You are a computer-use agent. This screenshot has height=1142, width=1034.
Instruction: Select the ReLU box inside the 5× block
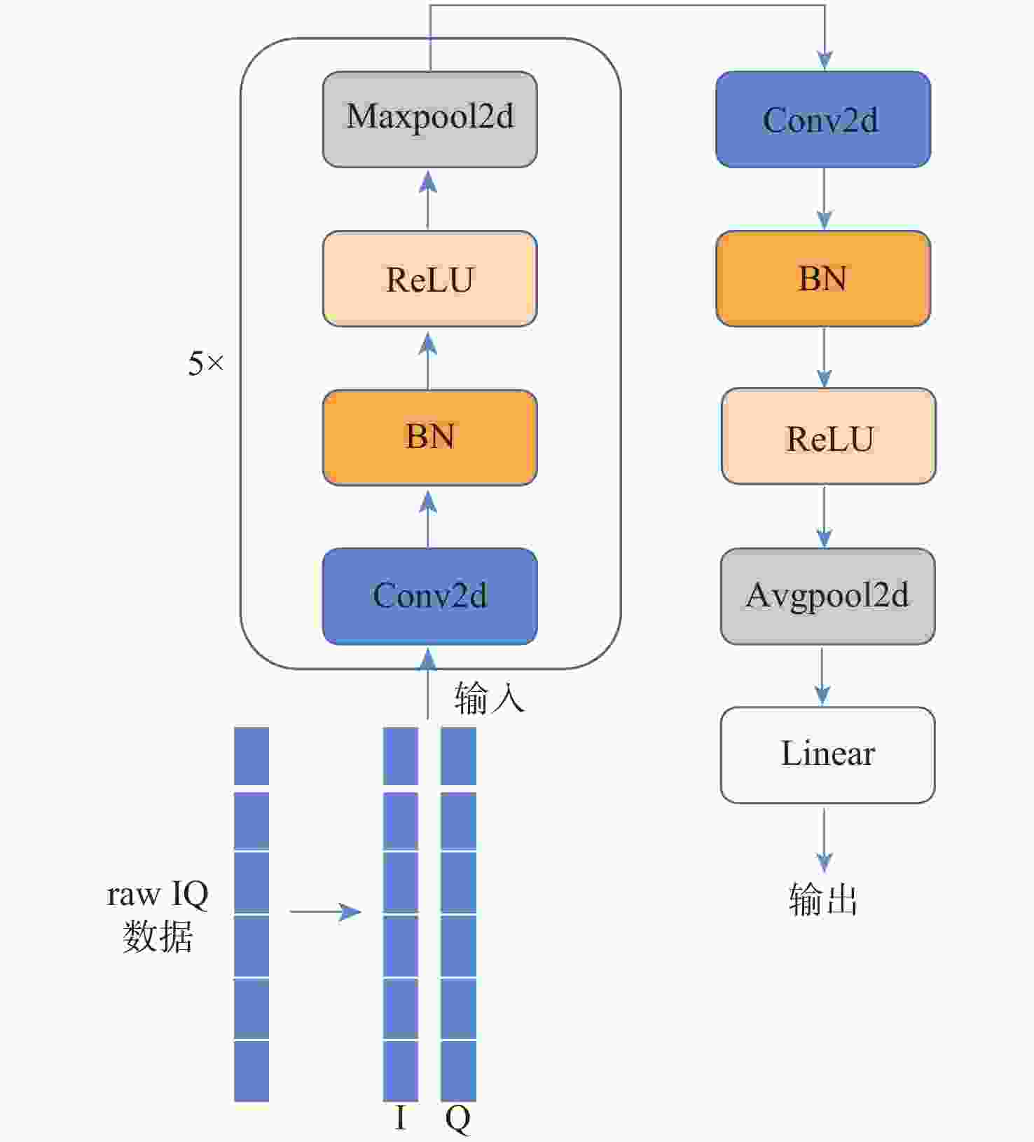429,278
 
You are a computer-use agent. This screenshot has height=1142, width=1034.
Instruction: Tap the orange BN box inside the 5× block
429,437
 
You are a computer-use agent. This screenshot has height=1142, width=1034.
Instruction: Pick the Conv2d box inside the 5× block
429,596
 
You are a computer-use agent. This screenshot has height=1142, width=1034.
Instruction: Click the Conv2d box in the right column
822,119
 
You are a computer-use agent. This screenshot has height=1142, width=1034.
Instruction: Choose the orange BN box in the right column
822,278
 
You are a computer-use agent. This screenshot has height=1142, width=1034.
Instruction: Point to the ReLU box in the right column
828,436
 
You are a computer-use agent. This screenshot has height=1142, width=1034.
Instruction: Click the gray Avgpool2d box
827,596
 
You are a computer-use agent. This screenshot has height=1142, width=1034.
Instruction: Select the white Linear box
827,754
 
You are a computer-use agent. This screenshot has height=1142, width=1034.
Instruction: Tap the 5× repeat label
205,364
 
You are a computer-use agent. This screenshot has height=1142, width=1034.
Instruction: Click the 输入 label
489,698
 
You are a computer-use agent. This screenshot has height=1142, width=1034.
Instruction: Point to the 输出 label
823,899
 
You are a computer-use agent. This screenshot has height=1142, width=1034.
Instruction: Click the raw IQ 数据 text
158,915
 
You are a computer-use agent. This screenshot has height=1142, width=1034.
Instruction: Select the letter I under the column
401,1118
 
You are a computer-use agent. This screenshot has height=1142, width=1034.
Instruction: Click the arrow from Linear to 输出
824,840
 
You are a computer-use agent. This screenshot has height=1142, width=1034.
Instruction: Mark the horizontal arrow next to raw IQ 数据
325,911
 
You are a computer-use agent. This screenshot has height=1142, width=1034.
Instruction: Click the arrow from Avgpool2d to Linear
822,676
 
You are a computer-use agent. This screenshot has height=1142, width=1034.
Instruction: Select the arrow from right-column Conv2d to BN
824,199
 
